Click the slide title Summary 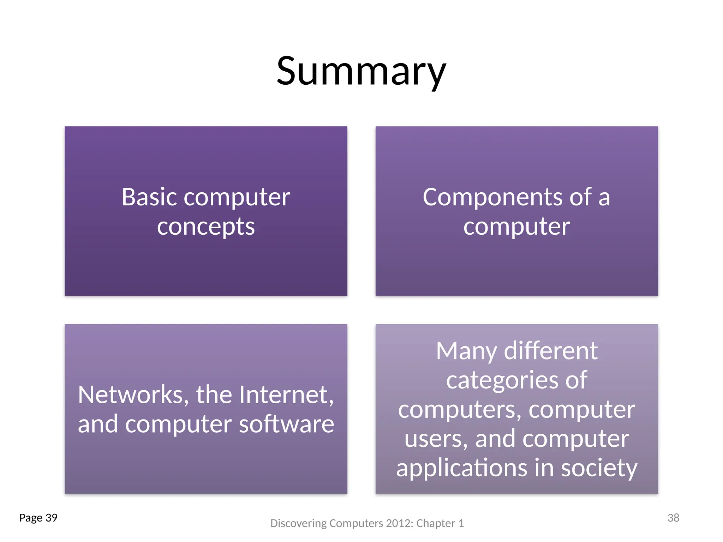(361, 71)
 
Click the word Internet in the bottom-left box (286, 395)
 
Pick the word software (286, 424)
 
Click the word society (599, 468)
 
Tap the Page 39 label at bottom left (38, 518)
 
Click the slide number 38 (673, 518)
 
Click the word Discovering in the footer (298, 523)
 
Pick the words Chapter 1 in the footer (440, 523)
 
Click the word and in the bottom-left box (98, 424)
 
